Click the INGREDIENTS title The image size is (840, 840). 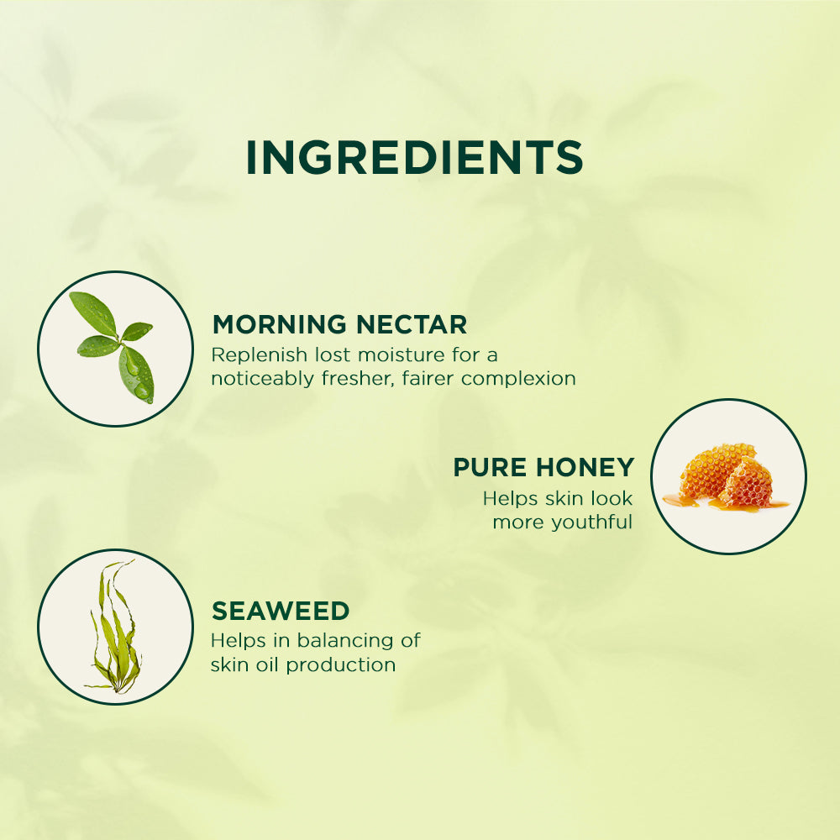tap(414, 158)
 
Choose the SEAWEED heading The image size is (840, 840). tap(281, 610)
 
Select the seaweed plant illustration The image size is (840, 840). tap(115, 627)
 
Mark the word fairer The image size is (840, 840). tap(428, 379)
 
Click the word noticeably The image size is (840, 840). tap(262, 379)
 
